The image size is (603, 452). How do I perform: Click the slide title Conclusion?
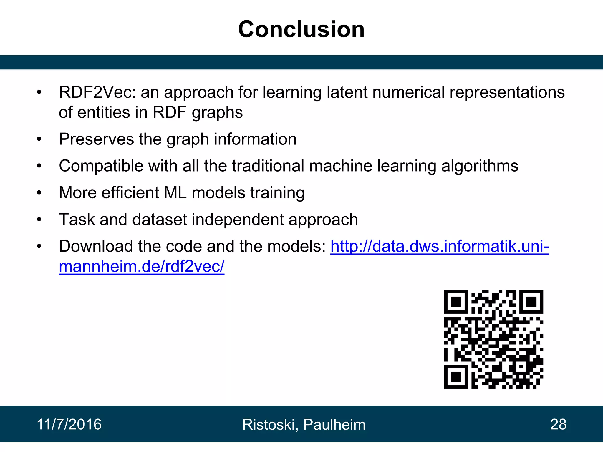[x=301, y=29]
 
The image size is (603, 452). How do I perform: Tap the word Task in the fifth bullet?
[x=77, y=220]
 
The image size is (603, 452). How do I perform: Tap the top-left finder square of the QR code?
[x=456, y=302]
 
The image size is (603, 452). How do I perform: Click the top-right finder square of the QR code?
[x=531, y=302]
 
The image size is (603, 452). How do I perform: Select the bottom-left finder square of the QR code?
[x=456, y=377]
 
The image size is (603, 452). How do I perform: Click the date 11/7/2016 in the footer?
[x=69, y=424]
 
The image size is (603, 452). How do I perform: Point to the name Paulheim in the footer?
[x=334, y=424]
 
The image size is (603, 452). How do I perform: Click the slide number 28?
[x=558, y=424]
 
